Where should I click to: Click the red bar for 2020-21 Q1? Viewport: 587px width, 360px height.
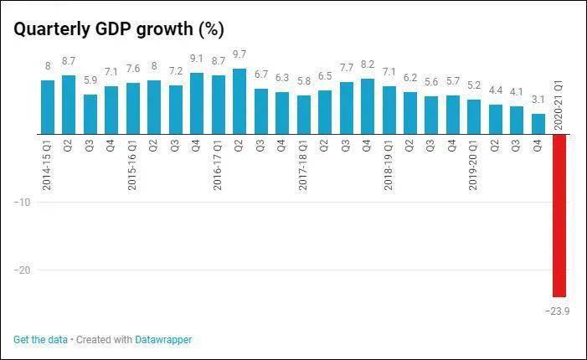tap(559, 215)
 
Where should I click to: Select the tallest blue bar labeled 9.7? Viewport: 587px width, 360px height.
tap(239, 101)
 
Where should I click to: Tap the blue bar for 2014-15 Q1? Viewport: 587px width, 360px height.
tap(48, 107)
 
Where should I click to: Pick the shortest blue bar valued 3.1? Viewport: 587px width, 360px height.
tap(538, 124)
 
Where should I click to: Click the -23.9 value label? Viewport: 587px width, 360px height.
tap(558, 311)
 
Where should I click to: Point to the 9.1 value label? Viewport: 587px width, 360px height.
tap(197, 59)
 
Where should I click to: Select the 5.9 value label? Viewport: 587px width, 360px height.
tap(90, 80)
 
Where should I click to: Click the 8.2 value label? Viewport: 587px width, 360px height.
tap(368, 64)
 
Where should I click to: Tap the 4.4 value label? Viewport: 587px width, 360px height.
tap(496, 90)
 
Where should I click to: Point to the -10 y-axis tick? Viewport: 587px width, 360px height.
tap(22, 202)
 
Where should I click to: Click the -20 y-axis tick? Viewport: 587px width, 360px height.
tap(22, 270)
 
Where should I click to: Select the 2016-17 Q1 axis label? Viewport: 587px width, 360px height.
tap(218, 165)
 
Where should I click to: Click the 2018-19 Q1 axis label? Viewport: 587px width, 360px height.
tap(389, 165)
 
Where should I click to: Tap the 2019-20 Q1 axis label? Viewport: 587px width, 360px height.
tap(474, 165)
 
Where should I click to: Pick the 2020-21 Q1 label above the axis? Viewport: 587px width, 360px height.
tap(559, 105)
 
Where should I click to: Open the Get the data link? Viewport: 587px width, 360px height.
tap(40, 340)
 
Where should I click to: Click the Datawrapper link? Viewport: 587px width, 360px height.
tap(163, 340)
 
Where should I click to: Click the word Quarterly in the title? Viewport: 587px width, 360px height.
tap(52, 29)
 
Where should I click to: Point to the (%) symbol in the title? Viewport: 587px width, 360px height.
tap(212, 29)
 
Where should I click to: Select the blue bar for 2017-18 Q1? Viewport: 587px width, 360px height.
tap(304, 115)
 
